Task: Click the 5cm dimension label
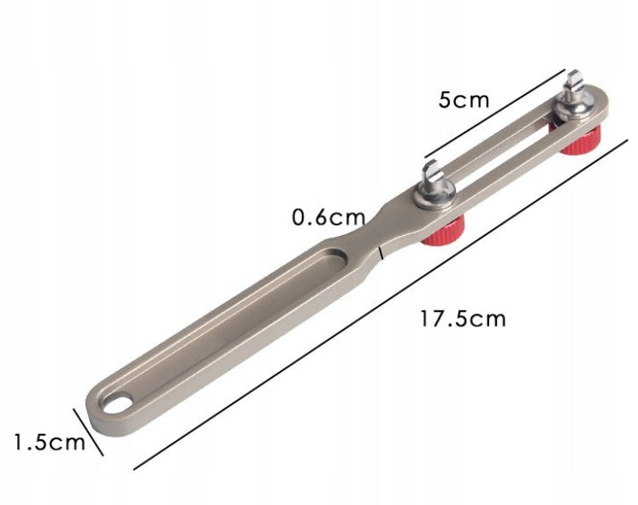[464, 100]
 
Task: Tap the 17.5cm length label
[463, 319]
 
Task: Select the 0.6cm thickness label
[328, 218]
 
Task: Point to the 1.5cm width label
[50, 443]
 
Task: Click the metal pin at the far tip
[574, 85]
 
